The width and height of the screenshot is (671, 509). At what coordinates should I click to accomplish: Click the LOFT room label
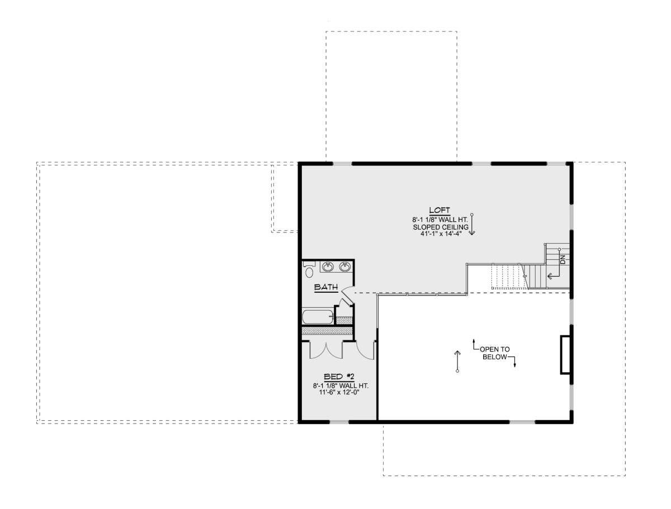440,210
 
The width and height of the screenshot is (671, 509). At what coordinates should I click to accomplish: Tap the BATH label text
326,287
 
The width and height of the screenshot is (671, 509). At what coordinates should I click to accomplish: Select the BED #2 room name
339,377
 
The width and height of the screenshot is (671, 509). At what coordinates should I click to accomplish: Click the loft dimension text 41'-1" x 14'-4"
441,234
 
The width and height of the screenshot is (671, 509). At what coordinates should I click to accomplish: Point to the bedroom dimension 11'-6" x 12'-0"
339,392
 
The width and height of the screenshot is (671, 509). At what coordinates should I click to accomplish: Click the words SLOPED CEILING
441,227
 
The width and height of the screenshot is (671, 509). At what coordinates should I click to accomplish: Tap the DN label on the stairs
563,260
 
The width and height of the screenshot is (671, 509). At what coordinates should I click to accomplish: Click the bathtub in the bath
318,317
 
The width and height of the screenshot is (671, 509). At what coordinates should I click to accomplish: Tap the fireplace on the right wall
564,354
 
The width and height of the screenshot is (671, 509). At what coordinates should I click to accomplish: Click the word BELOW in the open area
495,357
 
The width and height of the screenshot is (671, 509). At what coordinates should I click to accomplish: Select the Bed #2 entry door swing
366,351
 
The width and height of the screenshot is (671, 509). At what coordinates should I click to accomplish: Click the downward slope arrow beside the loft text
472,224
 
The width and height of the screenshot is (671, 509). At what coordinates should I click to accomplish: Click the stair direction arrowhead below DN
549,276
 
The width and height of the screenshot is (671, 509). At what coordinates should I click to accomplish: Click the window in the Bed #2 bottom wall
339,422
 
